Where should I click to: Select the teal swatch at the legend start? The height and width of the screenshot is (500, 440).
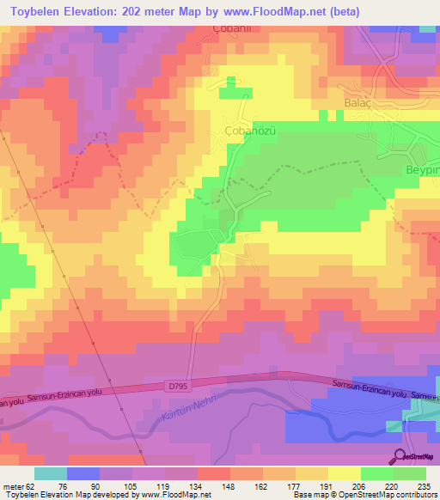coord(51,473)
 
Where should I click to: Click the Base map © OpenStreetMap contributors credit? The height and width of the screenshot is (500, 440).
coord(364,495)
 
